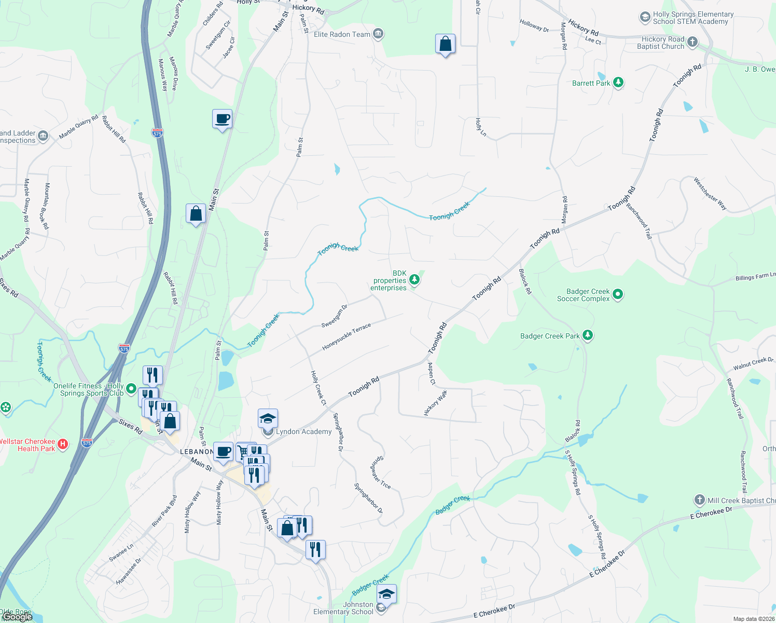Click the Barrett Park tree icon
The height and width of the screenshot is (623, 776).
(618, 83)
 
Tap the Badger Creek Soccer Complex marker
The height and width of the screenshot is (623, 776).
(617, 295)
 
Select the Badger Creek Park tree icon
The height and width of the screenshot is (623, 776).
(587, 335)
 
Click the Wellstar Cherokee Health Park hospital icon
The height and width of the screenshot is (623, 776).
(63, 444)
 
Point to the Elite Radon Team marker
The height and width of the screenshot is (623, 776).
(378, 34)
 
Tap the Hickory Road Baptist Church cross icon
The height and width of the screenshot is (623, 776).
(692, 42)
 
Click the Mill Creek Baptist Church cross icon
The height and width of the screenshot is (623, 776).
(700, 500)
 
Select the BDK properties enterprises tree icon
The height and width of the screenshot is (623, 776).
(414, 280)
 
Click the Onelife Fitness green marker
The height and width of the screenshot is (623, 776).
(131, 388)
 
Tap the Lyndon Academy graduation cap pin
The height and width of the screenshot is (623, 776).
(268, 418)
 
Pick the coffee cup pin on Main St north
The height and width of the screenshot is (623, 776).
(222, 119)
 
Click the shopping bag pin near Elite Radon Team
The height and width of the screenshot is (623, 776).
(445, 44)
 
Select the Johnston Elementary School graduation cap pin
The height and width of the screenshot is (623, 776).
(386, 593)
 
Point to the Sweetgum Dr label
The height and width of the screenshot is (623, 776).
(335, 316)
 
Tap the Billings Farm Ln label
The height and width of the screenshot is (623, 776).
(755, 277)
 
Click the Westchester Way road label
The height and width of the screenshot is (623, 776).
(710, 194)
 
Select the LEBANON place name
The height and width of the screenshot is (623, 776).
(197, 452)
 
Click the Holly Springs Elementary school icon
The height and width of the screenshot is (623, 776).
(645, 18)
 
